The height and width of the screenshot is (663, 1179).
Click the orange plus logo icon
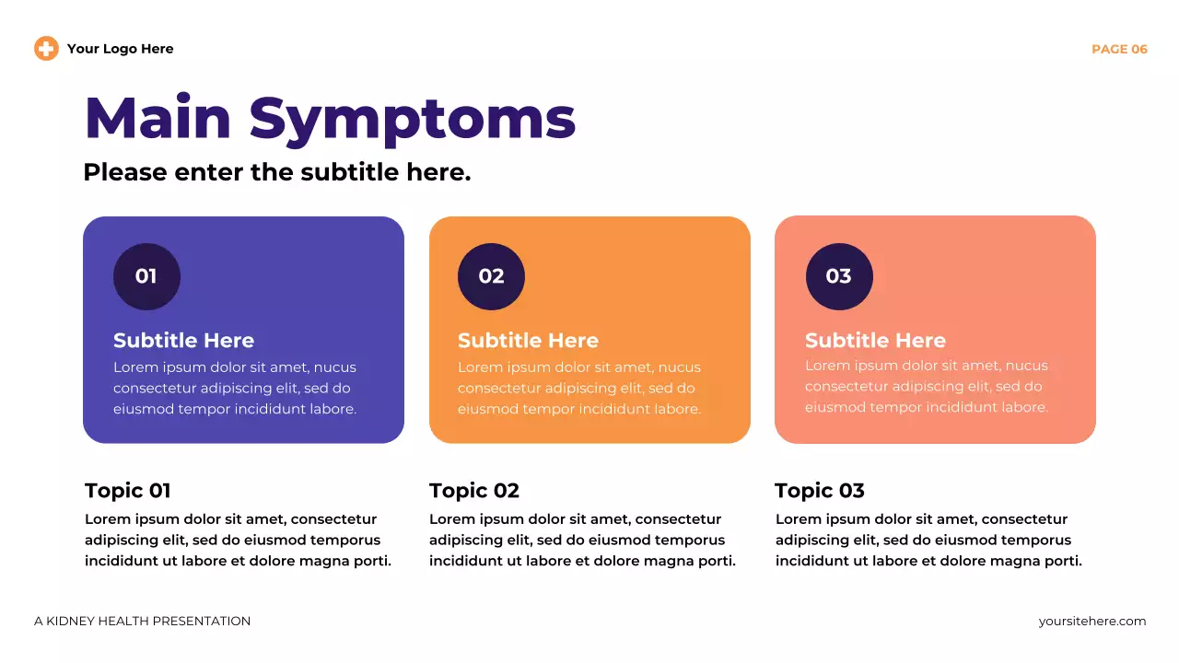coord(46,49)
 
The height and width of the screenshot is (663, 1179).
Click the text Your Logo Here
coord(120,49)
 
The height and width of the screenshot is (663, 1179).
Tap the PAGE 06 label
coord(1119,49)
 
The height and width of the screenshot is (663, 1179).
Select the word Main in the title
coord(158,119)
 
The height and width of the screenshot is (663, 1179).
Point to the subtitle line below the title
coord(276,172)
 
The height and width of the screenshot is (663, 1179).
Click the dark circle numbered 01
coord(146,276)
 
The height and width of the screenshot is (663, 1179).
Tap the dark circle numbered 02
coord(491,276)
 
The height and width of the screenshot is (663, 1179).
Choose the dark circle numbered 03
coord(839,276)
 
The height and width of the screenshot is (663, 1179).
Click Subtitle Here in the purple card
coord(183,341)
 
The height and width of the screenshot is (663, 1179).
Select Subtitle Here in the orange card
coord(528,341)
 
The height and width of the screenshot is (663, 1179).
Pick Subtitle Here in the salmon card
coord(875,341)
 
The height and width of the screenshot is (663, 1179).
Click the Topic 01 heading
coord(128,491)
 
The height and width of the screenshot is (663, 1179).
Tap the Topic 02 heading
coord(474,491)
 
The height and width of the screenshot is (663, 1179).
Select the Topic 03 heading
coord(820,491)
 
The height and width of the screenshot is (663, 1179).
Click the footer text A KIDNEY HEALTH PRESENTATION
coord(142,622)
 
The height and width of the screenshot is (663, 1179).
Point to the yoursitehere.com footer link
coord(1092,622)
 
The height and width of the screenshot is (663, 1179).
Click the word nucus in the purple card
coord(335,367)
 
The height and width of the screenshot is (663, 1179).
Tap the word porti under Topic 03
coord(1059,561)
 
